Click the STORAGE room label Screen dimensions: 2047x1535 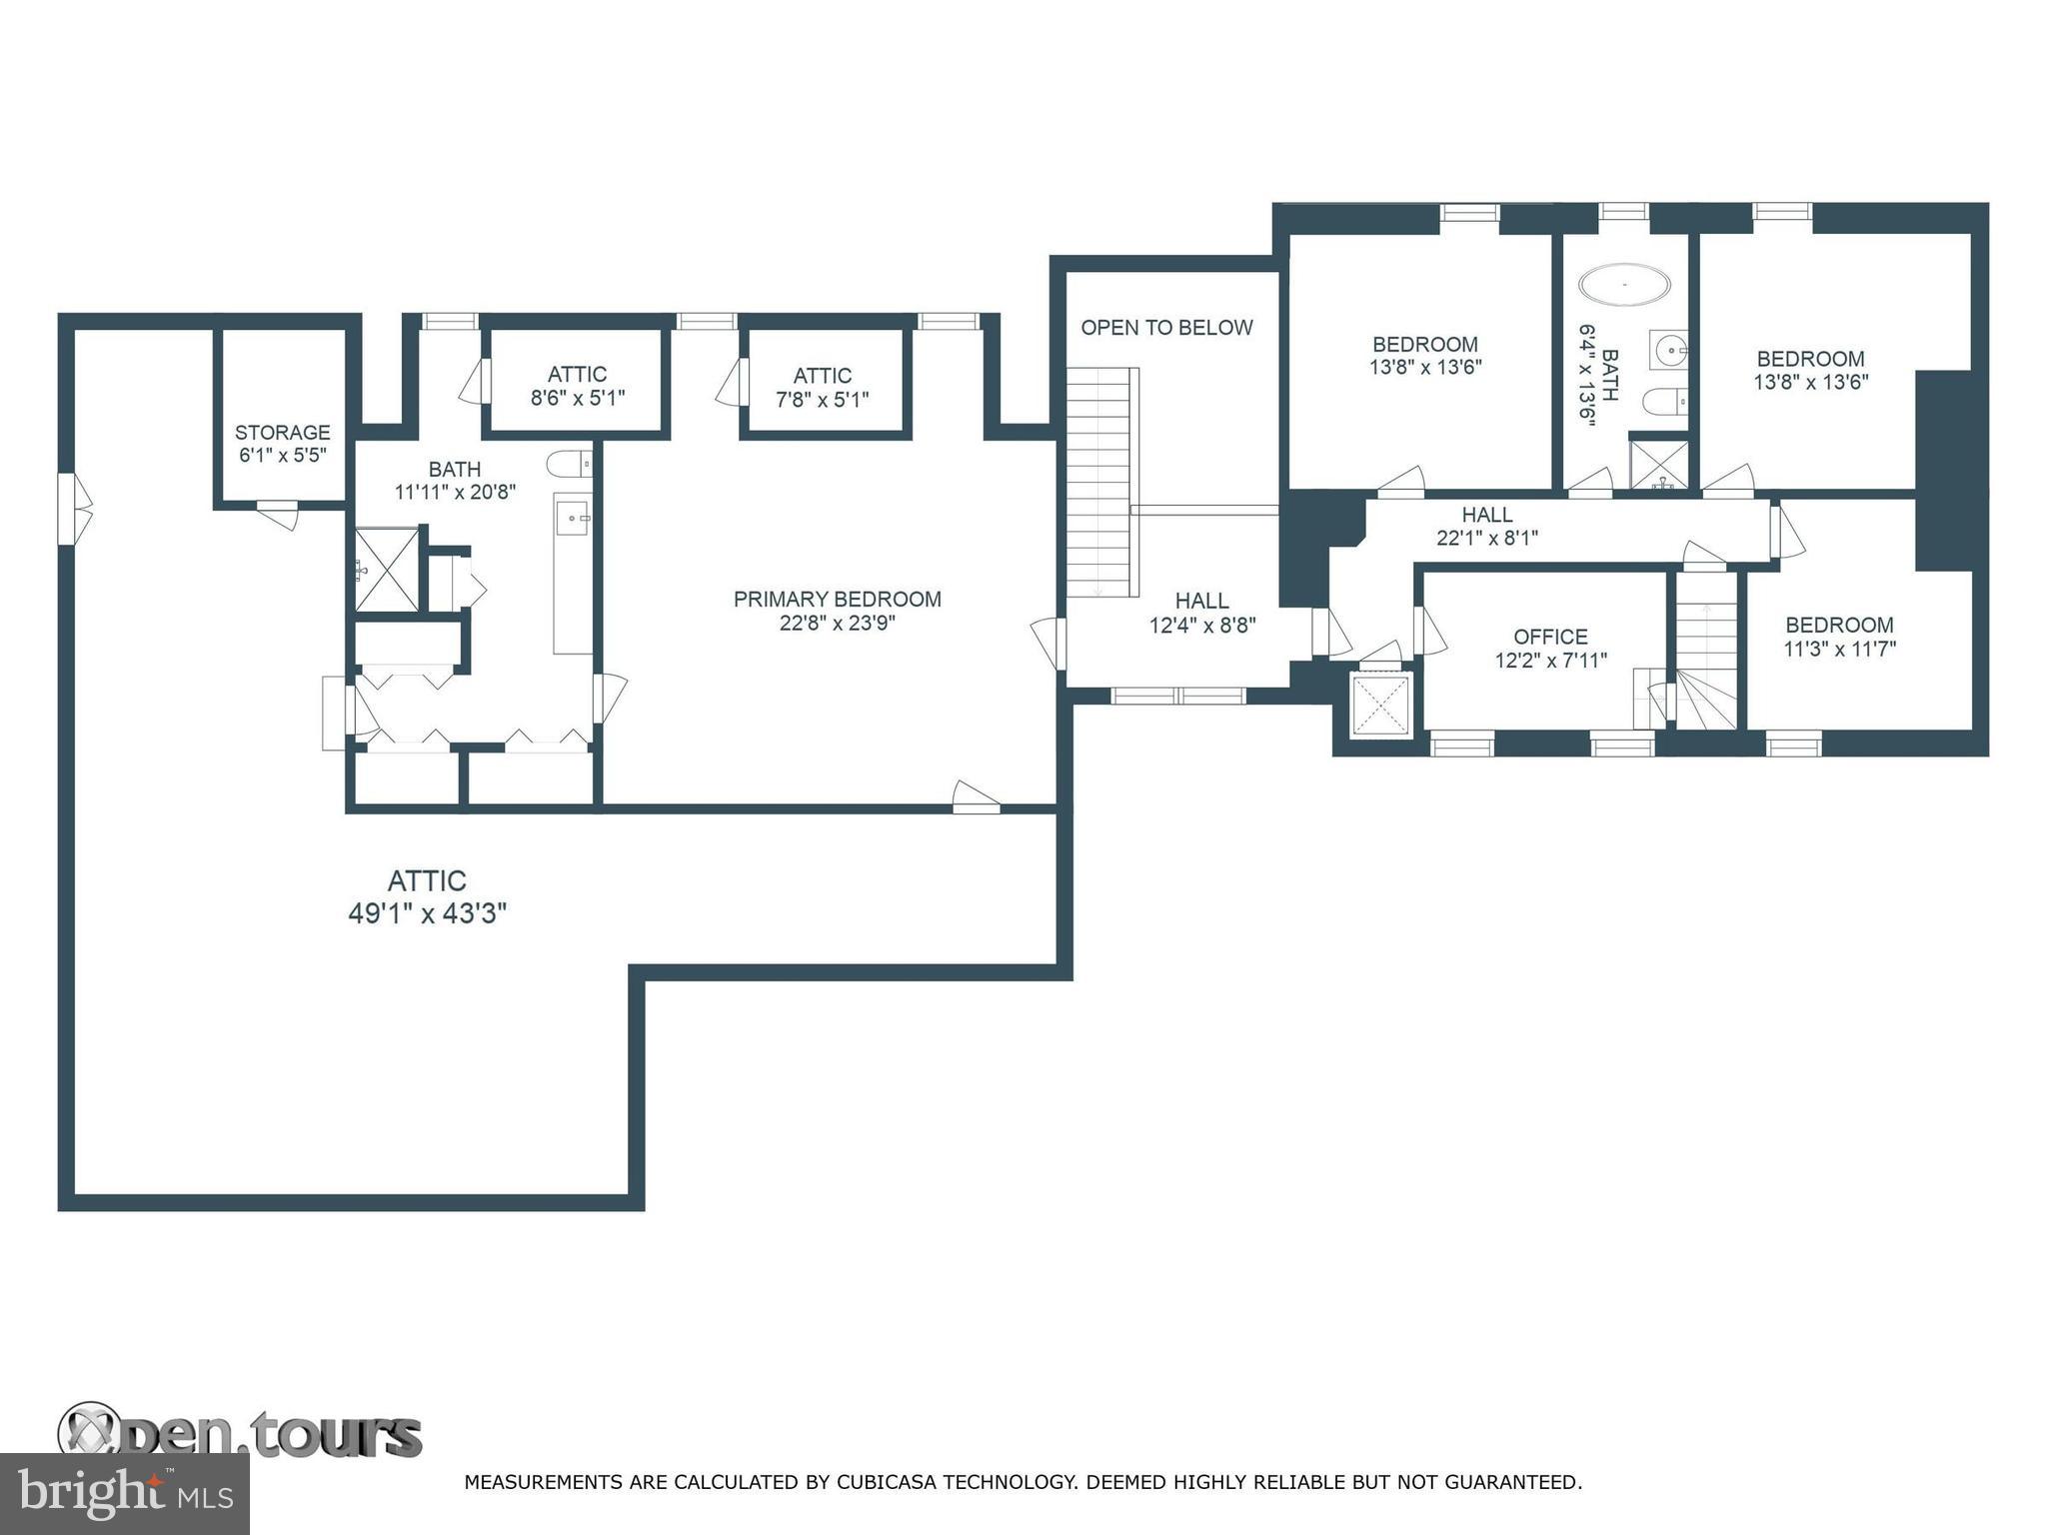click(282, 433)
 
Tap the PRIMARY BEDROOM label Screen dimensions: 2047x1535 click(838, 600)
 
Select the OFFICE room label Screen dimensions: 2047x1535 click(1550, 637)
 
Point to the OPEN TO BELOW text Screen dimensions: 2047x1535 click(1166, 328)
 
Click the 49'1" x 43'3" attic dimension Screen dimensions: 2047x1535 click(428, 913)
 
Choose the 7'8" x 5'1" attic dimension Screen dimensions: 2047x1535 click(823, 400)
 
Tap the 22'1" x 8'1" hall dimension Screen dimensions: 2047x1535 click(1487, 538)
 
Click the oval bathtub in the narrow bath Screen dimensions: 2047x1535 click(1624, 285)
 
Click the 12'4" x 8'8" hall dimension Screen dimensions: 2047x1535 click(1202, 626)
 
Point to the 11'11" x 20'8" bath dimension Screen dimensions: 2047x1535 click(455, 492)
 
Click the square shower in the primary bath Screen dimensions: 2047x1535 click(388, 570)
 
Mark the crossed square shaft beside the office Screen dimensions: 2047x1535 click(1380, 706)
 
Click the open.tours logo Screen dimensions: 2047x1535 click(240, 1435)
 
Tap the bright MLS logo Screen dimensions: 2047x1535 click(124, 1494)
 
